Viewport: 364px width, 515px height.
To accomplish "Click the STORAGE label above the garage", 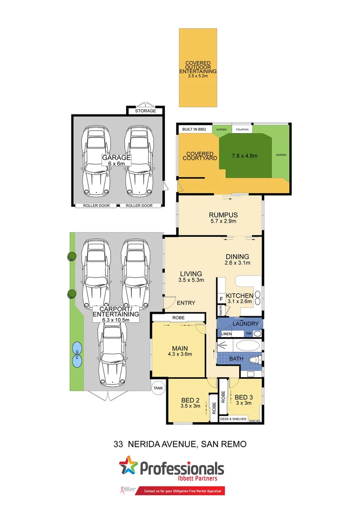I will click(x=145, y=111).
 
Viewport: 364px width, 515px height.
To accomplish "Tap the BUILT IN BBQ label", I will click(x=194, y=129).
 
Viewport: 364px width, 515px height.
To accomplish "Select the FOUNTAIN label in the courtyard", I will click(x=242, y=129).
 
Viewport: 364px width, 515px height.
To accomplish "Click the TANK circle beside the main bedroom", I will click(x=158, y=388).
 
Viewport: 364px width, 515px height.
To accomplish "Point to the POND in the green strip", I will click(x=77, y=355).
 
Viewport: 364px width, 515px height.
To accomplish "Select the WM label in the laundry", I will click(x=248, y=334).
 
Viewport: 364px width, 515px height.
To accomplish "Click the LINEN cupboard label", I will click(x=226, y=334).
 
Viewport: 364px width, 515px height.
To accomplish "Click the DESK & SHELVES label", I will click(x=233, y=419).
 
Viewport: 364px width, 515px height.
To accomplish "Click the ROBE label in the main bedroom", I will click(x=178, y=317).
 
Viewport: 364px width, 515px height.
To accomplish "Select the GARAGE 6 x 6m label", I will click(x=112, y=160).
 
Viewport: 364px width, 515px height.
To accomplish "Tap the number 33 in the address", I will click(x=119, y=444).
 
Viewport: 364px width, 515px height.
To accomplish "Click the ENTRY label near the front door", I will click(x=186, y=303).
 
